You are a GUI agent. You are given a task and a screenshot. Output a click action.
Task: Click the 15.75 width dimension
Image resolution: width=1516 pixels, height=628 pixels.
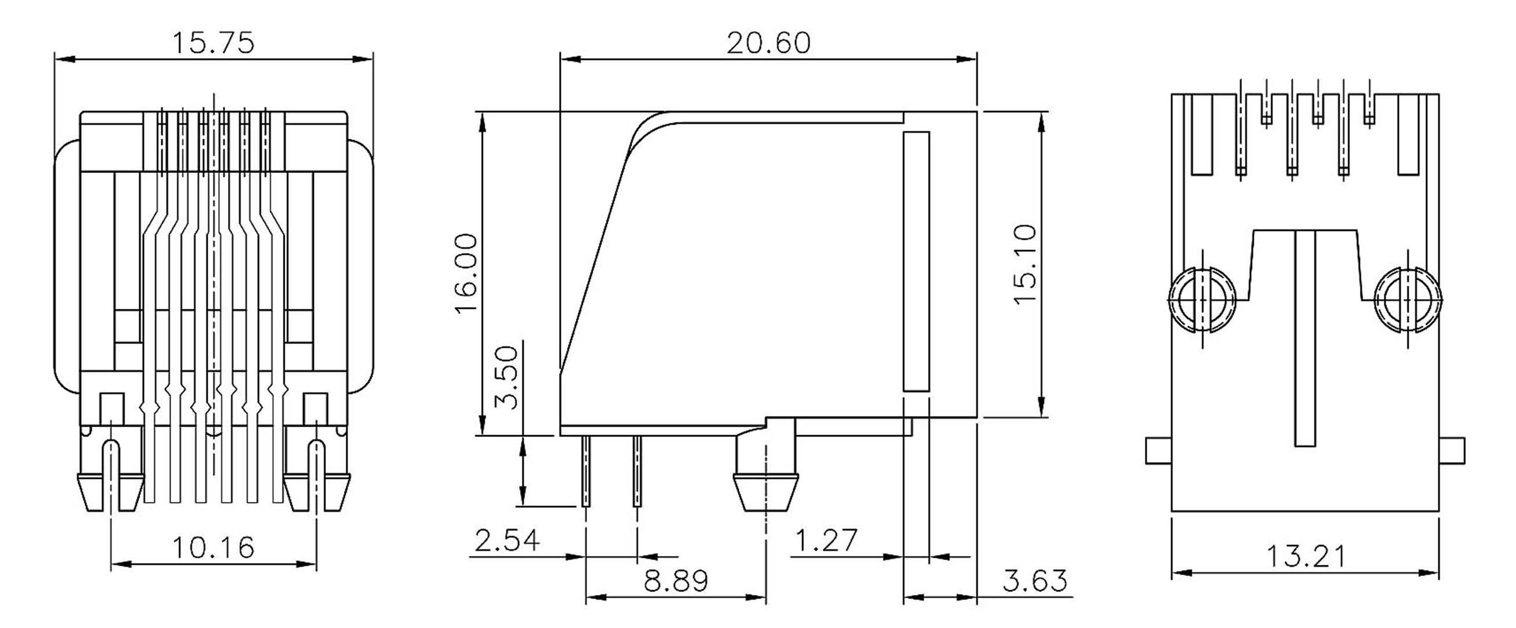point(213,44)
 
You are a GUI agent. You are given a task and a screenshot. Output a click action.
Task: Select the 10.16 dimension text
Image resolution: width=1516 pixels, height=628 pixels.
point(213,548)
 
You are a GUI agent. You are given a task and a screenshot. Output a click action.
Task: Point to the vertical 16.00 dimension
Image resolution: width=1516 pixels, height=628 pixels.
point(467,273)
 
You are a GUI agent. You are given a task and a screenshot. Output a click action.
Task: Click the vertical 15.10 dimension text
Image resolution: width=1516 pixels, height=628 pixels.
point(1025,264)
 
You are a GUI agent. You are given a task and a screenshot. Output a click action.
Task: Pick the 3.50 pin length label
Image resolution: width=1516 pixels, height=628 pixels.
point(506,377)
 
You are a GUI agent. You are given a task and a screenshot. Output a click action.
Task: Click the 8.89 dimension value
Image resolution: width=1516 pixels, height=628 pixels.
point(676,582)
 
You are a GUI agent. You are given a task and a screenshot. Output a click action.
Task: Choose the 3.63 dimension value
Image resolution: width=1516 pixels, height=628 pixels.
point(1035,582)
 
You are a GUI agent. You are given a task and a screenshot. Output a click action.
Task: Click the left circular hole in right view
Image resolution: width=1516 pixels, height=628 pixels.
point(1202,300)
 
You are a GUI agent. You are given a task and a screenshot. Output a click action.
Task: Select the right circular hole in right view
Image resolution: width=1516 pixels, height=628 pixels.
point(1408,300)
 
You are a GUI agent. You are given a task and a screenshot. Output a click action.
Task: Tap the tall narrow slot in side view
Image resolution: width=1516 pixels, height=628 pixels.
point(916,262)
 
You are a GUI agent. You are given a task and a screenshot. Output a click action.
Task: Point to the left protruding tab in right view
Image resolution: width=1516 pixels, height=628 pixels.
point(1158,450)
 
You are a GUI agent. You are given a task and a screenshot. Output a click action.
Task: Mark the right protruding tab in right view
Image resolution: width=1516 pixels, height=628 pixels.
point(1452,450)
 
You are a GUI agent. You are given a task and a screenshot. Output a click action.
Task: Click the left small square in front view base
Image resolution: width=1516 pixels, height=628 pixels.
point(111,407)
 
